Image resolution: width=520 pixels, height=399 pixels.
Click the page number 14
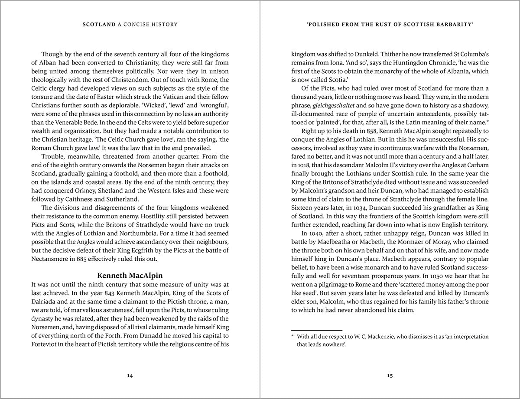[130, 375]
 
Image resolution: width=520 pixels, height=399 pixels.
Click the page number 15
[390, 375]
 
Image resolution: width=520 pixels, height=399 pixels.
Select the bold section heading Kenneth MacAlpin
[130, 275]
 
